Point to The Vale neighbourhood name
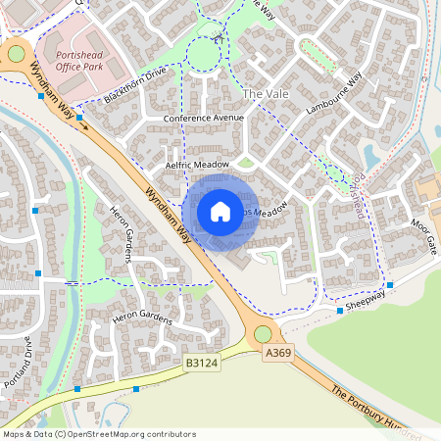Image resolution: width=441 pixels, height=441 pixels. (x=266, y=93)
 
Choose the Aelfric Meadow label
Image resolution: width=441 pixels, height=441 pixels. (x=196, y=166)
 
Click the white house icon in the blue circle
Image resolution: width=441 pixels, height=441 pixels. (x=220, y=212)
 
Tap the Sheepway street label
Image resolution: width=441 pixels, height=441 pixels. (x=365, y=301)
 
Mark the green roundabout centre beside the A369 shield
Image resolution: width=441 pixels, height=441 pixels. (x=263, y=335)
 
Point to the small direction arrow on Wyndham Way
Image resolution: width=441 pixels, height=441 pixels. (x=84, y=125)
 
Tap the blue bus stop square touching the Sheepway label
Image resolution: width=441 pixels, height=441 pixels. (x=340, y=311)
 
